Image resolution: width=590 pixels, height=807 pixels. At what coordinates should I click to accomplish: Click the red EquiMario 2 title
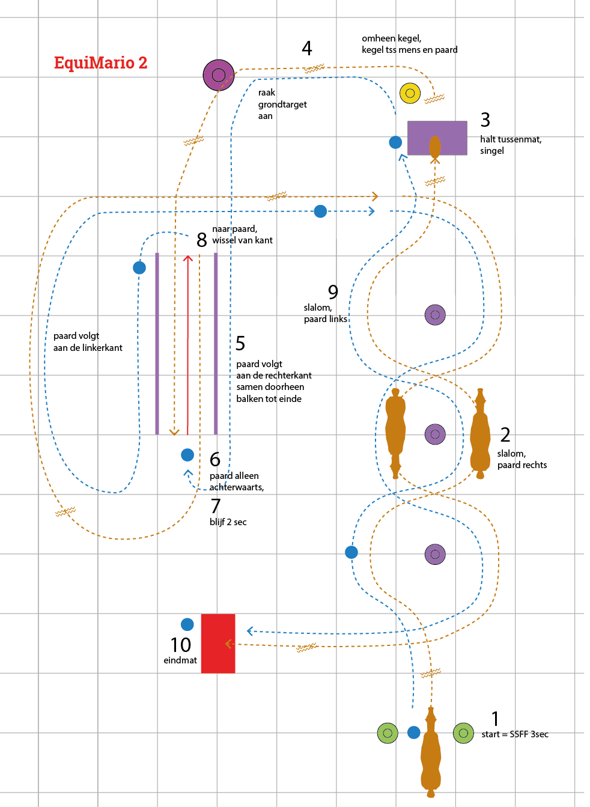pyautogui.click(x=100, y=63)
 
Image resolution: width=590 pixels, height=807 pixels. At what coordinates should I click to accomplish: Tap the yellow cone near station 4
pyautogui.click(x=410, y=93)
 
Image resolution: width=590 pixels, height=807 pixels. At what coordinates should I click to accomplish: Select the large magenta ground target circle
pyautogui.click(x=219, y=75)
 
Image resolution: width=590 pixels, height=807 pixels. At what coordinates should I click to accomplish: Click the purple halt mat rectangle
pyautogui.click(x=437, y=138)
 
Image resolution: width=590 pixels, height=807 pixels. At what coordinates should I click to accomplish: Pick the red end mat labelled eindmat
pyautogui.click(x=218, y=643)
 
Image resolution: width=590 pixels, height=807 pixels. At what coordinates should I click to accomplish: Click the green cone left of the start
pyautogui.click(x=388, y=732)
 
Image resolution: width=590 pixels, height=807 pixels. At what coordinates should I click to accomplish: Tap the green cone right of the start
pyautogui.click(x=463, y=732)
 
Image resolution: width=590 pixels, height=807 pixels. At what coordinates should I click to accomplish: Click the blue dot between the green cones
pyautogui.click(x=414, y=732)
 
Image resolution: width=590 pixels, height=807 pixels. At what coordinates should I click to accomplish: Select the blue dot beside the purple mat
pyautogui.click(x=395, y=142)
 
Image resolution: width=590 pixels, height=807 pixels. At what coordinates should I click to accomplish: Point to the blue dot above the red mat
pyautogui.click(x=187, y=624)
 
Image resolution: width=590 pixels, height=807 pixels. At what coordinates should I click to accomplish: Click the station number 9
pyautogui.click(x=333, y=292)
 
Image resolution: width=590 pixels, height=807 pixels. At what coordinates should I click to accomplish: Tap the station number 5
pyautogui.click(x=240, y=343)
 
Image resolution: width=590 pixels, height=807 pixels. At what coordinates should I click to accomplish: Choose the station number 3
pyautogui.click(x=485, y=120)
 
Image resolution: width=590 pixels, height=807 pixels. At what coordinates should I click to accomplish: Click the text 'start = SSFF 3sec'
pyautogui.click(x=515, y=734)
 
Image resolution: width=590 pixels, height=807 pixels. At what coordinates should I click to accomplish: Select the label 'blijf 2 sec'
pyautogui.click(x=228, y=522)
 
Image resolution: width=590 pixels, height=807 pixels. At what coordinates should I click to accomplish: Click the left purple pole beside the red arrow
pyautogui.click(x=157, y=343)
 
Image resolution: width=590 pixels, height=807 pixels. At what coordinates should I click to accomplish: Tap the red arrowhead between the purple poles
pyautogui.click(x=188, y=258)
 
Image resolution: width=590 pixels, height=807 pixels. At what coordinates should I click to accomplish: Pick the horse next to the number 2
pyautogui.click(x=480, y=434)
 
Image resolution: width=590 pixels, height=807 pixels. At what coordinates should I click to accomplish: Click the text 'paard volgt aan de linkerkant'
pyautogui.click(x=88, y=342)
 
